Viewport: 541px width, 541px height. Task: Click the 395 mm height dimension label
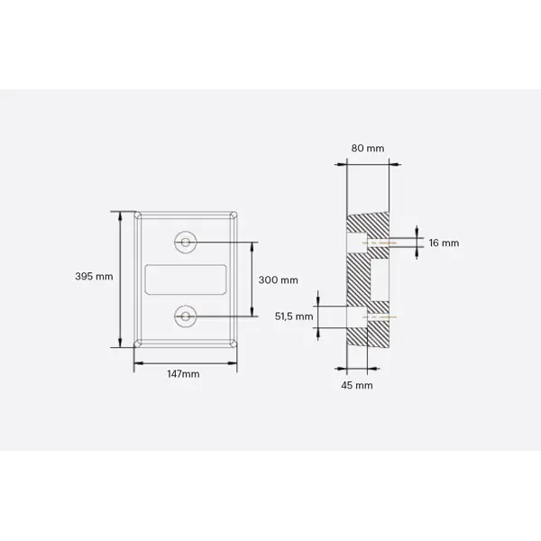[95, 277]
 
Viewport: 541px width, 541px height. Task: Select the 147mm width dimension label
[184, 373]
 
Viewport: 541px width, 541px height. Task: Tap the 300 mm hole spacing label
[278, 280]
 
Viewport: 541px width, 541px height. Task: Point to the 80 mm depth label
[367, 148]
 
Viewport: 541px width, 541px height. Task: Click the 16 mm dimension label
[444, 243]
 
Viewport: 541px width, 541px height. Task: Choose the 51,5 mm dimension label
[294, 316]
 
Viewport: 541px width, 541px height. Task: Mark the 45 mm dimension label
[358, 385]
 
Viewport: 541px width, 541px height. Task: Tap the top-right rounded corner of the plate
[234, 215]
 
